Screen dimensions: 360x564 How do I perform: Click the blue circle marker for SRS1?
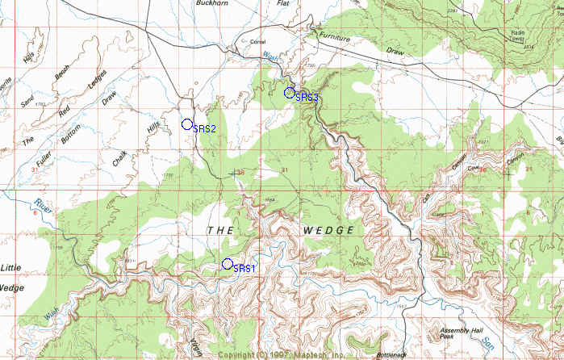pyautogui.click(x=228, y=264)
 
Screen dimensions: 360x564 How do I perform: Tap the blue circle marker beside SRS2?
pyautogui.click(x=187, y=124)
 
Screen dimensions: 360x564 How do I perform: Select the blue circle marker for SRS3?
pyautogui.click(x=290, y=93)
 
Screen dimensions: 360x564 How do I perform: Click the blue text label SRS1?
pyautogui.click(x=244, y=269)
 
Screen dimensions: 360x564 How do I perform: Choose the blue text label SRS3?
pyautogui.click(x=307, y=98)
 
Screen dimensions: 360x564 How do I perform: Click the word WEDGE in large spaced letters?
pyautogui.click(x=329, y=231)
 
